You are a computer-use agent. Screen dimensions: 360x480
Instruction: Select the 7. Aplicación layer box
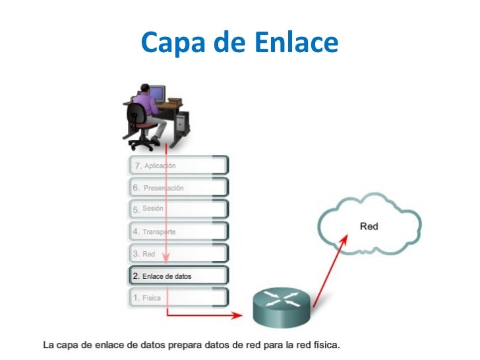pyautogui.click(x=178, y=165)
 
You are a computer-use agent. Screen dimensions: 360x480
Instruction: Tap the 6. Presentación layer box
pyautogui.click(x=178, y=187)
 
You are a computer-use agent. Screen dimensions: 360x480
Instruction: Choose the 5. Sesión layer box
pyautogui.click(x=178, y=209)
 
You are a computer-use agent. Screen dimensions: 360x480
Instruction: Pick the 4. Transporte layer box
pyautogui.click(x=178, y=231)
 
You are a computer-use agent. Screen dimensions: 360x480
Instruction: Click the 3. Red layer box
pyautogui.click(x=178, y=253)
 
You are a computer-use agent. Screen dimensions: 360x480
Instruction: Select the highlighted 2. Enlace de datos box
pyautogui.click(x=178, y=276)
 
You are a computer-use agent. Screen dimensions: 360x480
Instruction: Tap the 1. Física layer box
pyautogui.click(x=178, y=297)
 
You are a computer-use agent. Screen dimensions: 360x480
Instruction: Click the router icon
pyautogui.click(x=282, y=309)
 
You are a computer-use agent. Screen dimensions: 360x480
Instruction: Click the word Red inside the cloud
pyautogui.click(x=369, y=227)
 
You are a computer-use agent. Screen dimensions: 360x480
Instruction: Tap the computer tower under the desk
pyautogui.click(x=182, y=123)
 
